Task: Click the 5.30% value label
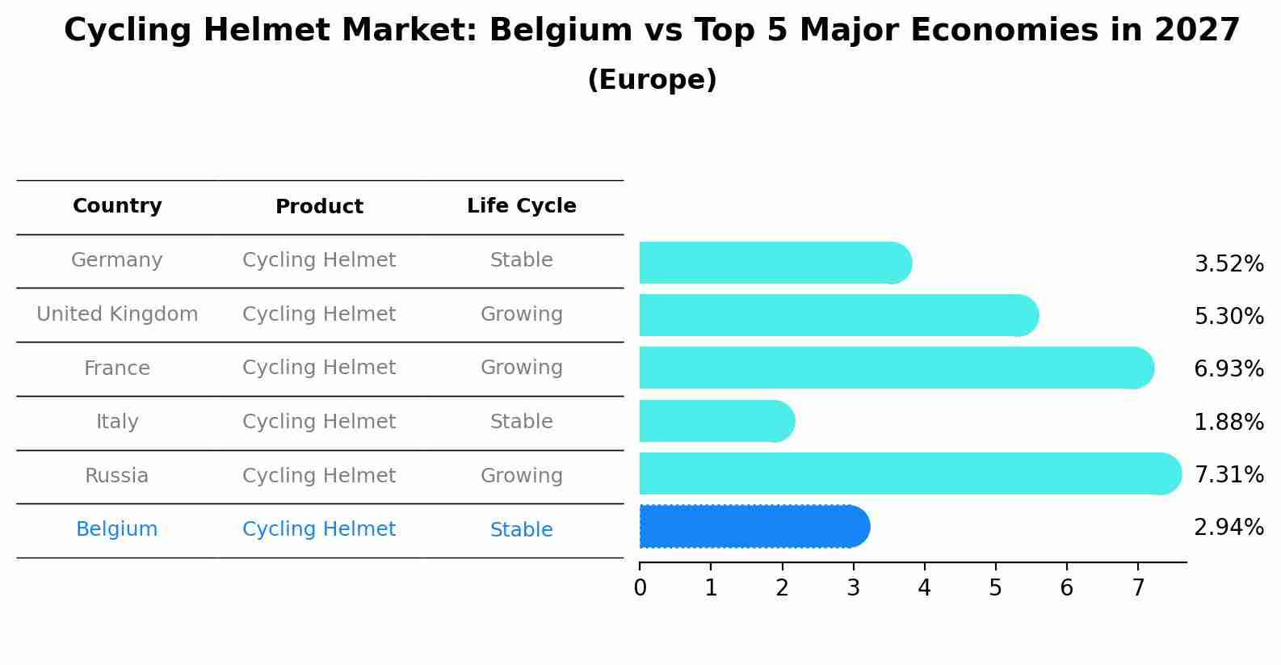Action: pyautogui.click(x=1228, y=316)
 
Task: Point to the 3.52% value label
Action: pyautogui.click(x=1228, y=263)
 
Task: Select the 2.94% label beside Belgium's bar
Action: pyautogui.click(x=1228, y=528)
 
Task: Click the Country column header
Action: pyautogui.click(x=117, y=206)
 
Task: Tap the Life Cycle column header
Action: pyautogui.click(x=521, y=206)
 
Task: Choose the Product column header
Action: pyautogui.click(x=319, y=207)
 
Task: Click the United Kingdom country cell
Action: pyautogui.click(x=117, y=314)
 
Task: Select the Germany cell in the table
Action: pyautogui.click(x=117, y=260)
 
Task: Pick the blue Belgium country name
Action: pyautogui.click(x=117, y=529)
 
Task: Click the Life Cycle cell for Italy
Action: pyautogui.click(x=521, y=422)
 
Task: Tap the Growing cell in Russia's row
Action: pyautogui.click(x=521, y=476)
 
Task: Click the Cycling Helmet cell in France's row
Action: pyautogui.click(x=319, y=368)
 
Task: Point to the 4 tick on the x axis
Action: pyautogui.click(x=924, y=587)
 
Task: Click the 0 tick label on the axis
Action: pyautogui.click(x=640, y=587)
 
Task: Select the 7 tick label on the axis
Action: pyautogui.click(x=1137, y=587)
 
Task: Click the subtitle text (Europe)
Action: pyautogui.click(x=652, y=80)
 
